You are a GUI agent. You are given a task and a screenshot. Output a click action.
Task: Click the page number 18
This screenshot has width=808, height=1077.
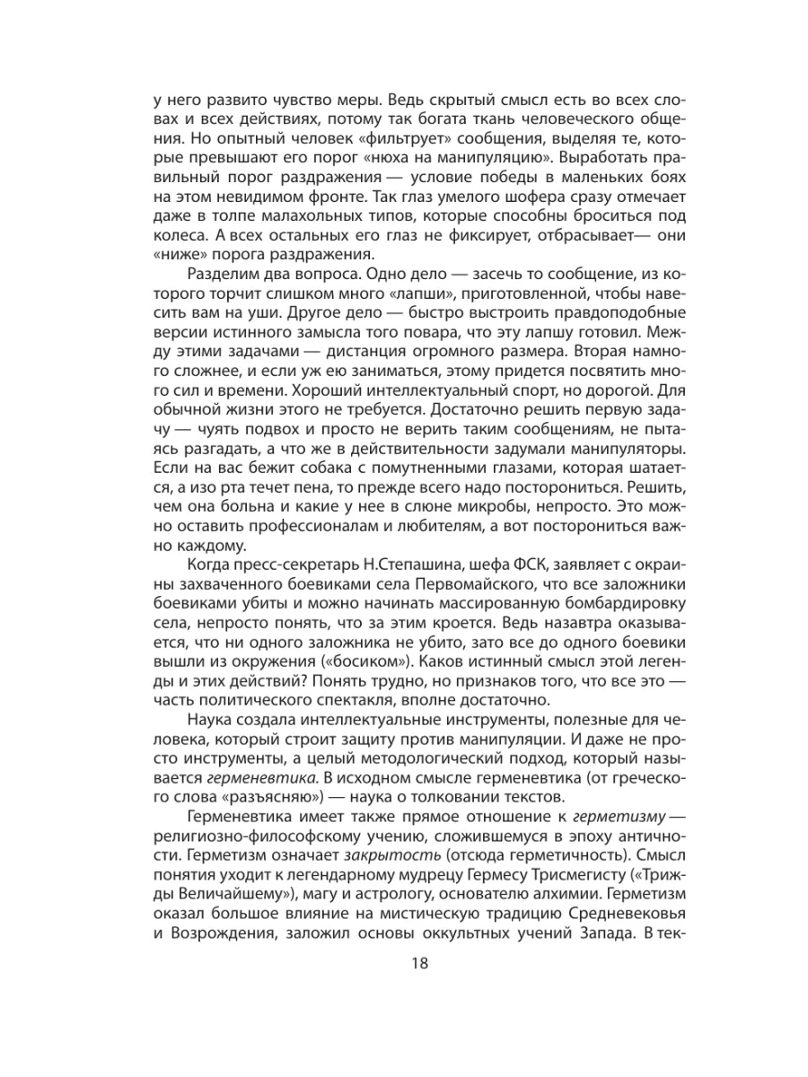pyautogui.click(x=403, y=964)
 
